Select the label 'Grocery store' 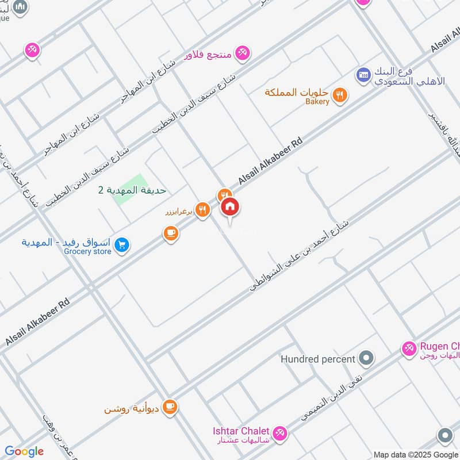tap(87, 251)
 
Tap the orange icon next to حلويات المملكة tap(340, 95)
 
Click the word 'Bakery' tap(317, 102)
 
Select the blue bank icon tap(363, 74)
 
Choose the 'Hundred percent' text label tap(317, 359)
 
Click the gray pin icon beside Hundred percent tap(366, 359)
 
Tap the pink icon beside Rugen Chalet tap(409, 348)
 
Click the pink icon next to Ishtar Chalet tap(279, 432)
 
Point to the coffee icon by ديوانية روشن tap(170, 408)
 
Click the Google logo tap(24, 451)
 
